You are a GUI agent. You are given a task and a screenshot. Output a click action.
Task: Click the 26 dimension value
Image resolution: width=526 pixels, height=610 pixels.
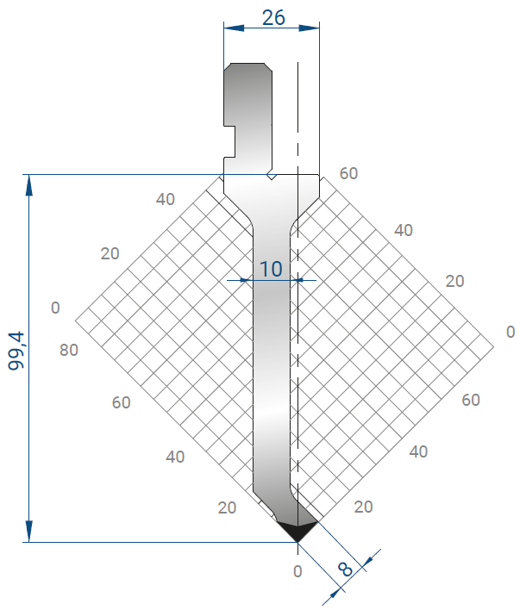pos(273,17)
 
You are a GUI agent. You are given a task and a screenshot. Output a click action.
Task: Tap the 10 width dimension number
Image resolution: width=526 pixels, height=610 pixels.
pos(271,269)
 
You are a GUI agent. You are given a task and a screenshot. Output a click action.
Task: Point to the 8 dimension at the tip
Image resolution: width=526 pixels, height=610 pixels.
pos(345,570)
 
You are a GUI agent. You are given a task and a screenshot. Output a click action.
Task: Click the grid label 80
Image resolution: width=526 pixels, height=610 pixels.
pos(68,350)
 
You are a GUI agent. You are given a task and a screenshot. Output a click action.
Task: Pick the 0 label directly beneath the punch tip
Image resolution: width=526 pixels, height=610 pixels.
pos(297,571)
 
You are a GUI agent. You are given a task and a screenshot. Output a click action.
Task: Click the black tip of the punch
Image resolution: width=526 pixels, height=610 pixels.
pos(297,531)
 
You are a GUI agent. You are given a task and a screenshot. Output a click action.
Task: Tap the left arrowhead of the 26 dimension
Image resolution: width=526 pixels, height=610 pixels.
pos(234,28)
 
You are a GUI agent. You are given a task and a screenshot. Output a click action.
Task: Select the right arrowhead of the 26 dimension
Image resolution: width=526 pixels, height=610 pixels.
pos(310,28)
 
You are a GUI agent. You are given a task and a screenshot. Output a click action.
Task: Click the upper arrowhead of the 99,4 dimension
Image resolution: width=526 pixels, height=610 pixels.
pos(28,184)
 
